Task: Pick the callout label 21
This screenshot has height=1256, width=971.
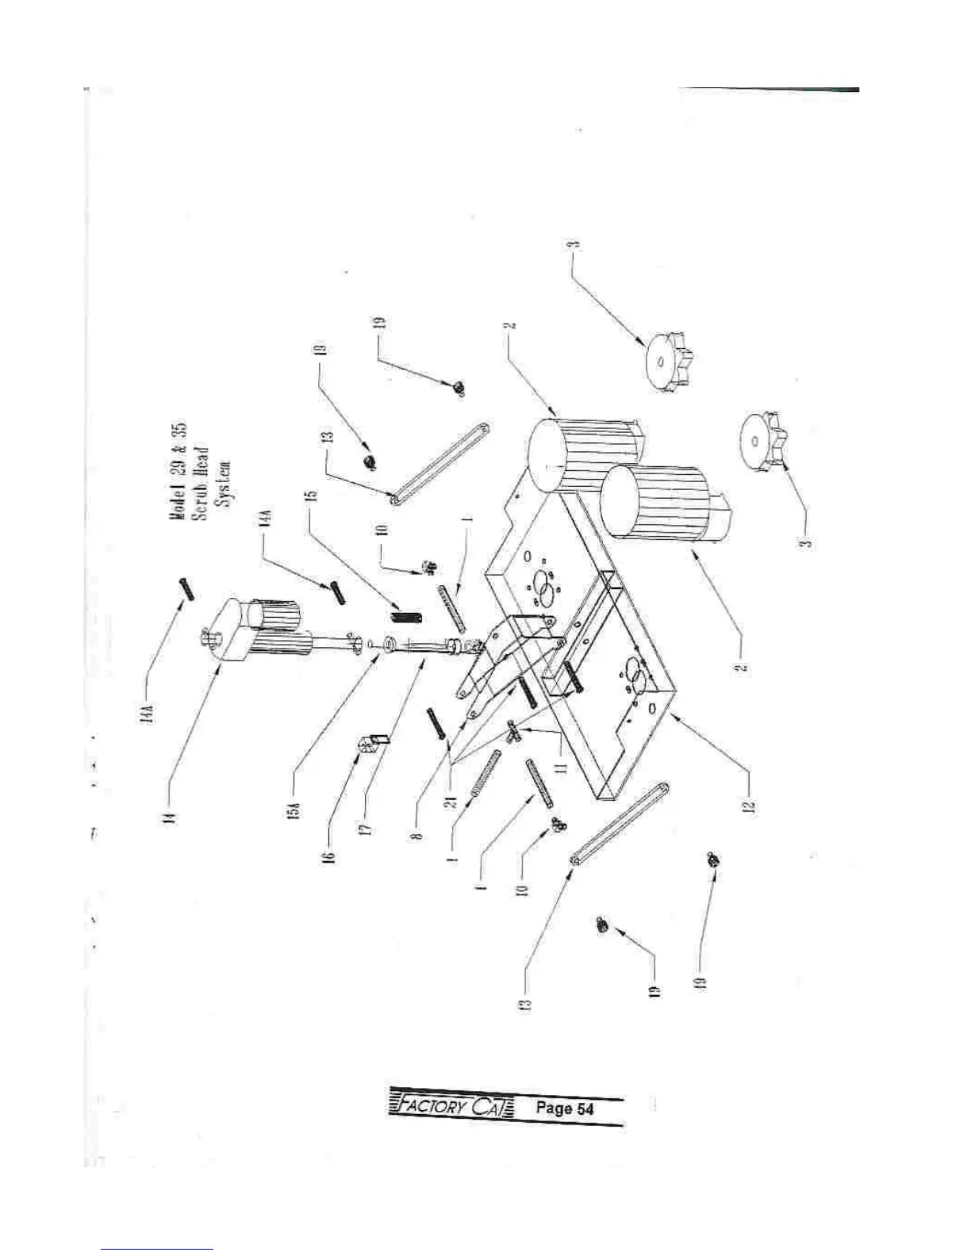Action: (x=452, y=802)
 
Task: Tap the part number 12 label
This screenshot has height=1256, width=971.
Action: (x=750, y=806)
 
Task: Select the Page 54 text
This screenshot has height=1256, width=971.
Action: (x=563, y=1108)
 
